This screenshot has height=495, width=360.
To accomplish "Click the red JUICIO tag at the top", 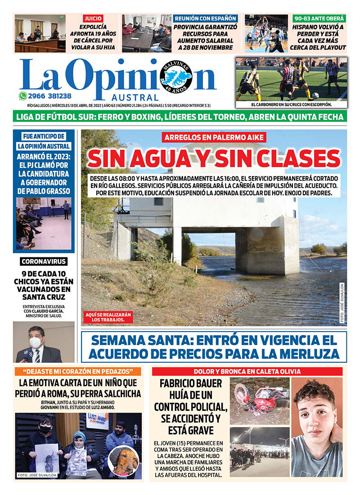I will coord(93,18).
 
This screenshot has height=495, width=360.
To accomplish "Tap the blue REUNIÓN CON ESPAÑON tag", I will coord(205,18).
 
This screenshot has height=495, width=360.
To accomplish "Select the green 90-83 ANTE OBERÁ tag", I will coord(319,18).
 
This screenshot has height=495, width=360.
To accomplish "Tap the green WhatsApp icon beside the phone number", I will coord(23,96).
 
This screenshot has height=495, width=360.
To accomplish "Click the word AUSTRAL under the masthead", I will coord(141,98).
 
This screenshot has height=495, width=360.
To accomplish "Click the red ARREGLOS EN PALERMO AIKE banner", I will coord(214,138).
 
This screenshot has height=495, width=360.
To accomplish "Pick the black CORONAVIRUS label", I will coord(44,261).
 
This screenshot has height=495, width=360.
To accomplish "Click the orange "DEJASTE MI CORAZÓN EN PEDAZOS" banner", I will coord(78,372).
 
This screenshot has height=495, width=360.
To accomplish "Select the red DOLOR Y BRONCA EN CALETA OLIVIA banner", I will coord(247,372).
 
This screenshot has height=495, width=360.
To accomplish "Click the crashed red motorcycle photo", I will coord(259,400).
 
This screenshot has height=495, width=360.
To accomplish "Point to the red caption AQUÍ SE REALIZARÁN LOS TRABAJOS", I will coord(108,317).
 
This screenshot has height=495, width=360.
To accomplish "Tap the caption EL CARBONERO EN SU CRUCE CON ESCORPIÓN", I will coord(291,105).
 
